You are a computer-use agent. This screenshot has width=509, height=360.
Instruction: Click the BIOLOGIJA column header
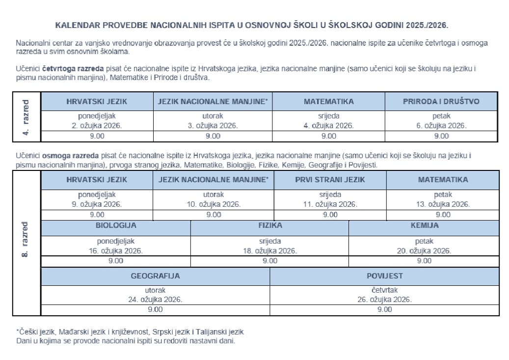pos(116,226)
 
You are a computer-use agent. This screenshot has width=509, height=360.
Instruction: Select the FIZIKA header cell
pos(270,226)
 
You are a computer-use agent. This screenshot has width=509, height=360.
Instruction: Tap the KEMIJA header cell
pos(425,226)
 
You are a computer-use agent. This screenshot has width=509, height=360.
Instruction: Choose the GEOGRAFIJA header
pos(155,276)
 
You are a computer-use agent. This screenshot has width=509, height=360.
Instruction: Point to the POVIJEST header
pos(385,276)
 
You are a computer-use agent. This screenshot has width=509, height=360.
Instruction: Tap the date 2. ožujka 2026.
pos(97,125)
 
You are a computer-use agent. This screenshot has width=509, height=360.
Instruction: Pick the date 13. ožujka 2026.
pos(443,204)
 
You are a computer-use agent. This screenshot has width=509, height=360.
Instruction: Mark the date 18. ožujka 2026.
pos(270,250)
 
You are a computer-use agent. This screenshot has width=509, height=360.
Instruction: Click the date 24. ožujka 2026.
pos(155,299)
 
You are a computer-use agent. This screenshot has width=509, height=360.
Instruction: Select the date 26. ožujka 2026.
pos(385,299)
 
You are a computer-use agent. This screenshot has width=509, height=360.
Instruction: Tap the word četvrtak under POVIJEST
pos(385,290)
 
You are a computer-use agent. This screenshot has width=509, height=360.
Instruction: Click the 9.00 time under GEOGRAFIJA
pos(155,309)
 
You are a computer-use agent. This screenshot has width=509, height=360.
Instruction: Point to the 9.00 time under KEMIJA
pos(425,261)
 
